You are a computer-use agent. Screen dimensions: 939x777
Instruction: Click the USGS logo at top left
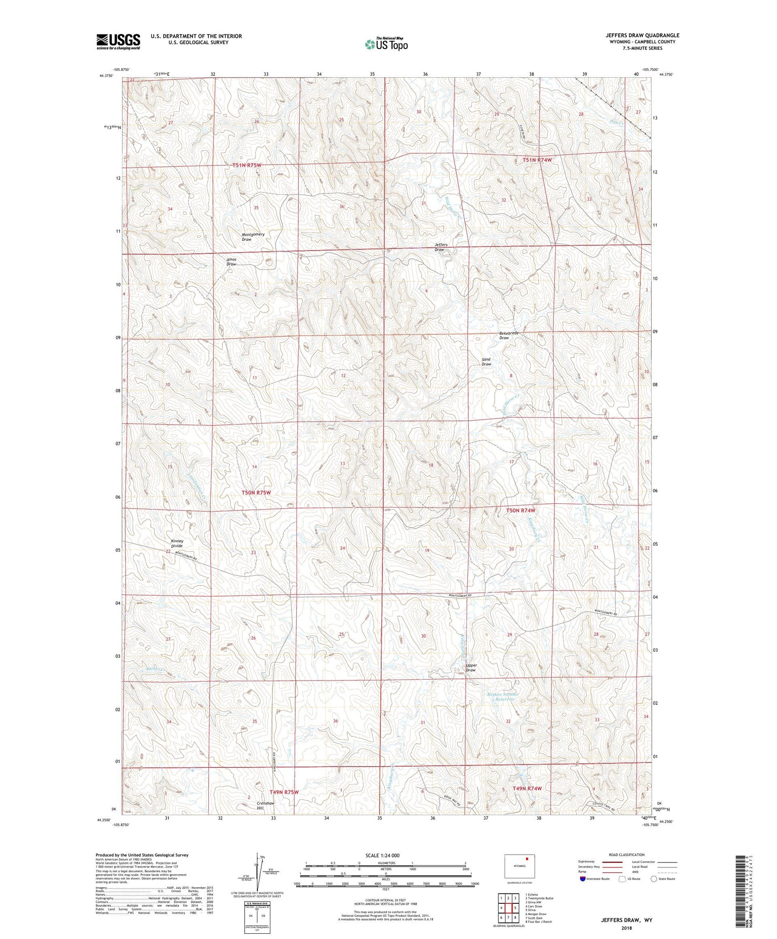tap(118, 41)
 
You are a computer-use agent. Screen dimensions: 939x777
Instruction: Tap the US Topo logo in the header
tap(386, 44)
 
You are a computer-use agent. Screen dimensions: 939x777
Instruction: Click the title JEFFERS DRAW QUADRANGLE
tap(642, 35)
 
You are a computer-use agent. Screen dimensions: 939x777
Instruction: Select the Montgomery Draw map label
tap(253, 237)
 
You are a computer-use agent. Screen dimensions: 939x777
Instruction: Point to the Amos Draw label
tap(231, 262)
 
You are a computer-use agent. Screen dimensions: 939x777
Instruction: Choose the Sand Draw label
tap(486, 362)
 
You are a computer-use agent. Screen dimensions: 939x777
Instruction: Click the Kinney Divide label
tap(177, 543)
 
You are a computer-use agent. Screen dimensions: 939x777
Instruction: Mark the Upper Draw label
tap(470, 668)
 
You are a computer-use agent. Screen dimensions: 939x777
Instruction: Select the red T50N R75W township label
tap(256, 493)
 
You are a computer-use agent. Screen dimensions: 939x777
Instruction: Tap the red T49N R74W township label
tap(527, 788)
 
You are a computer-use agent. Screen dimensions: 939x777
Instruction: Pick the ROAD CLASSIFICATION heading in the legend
tap(626, 855)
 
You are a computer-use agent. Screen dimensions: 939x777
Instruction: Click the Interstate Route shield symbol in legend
tap(584, 879)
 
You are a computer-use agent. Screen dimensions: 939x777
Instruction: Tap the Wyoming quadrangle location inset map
tap(520, 865)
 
